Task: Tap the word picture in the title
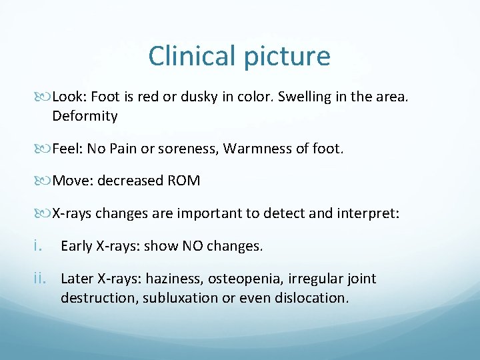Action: coord(287,57)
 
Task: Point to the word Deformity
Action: coord(85,117)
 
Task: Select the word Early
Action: coord(76,246)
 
